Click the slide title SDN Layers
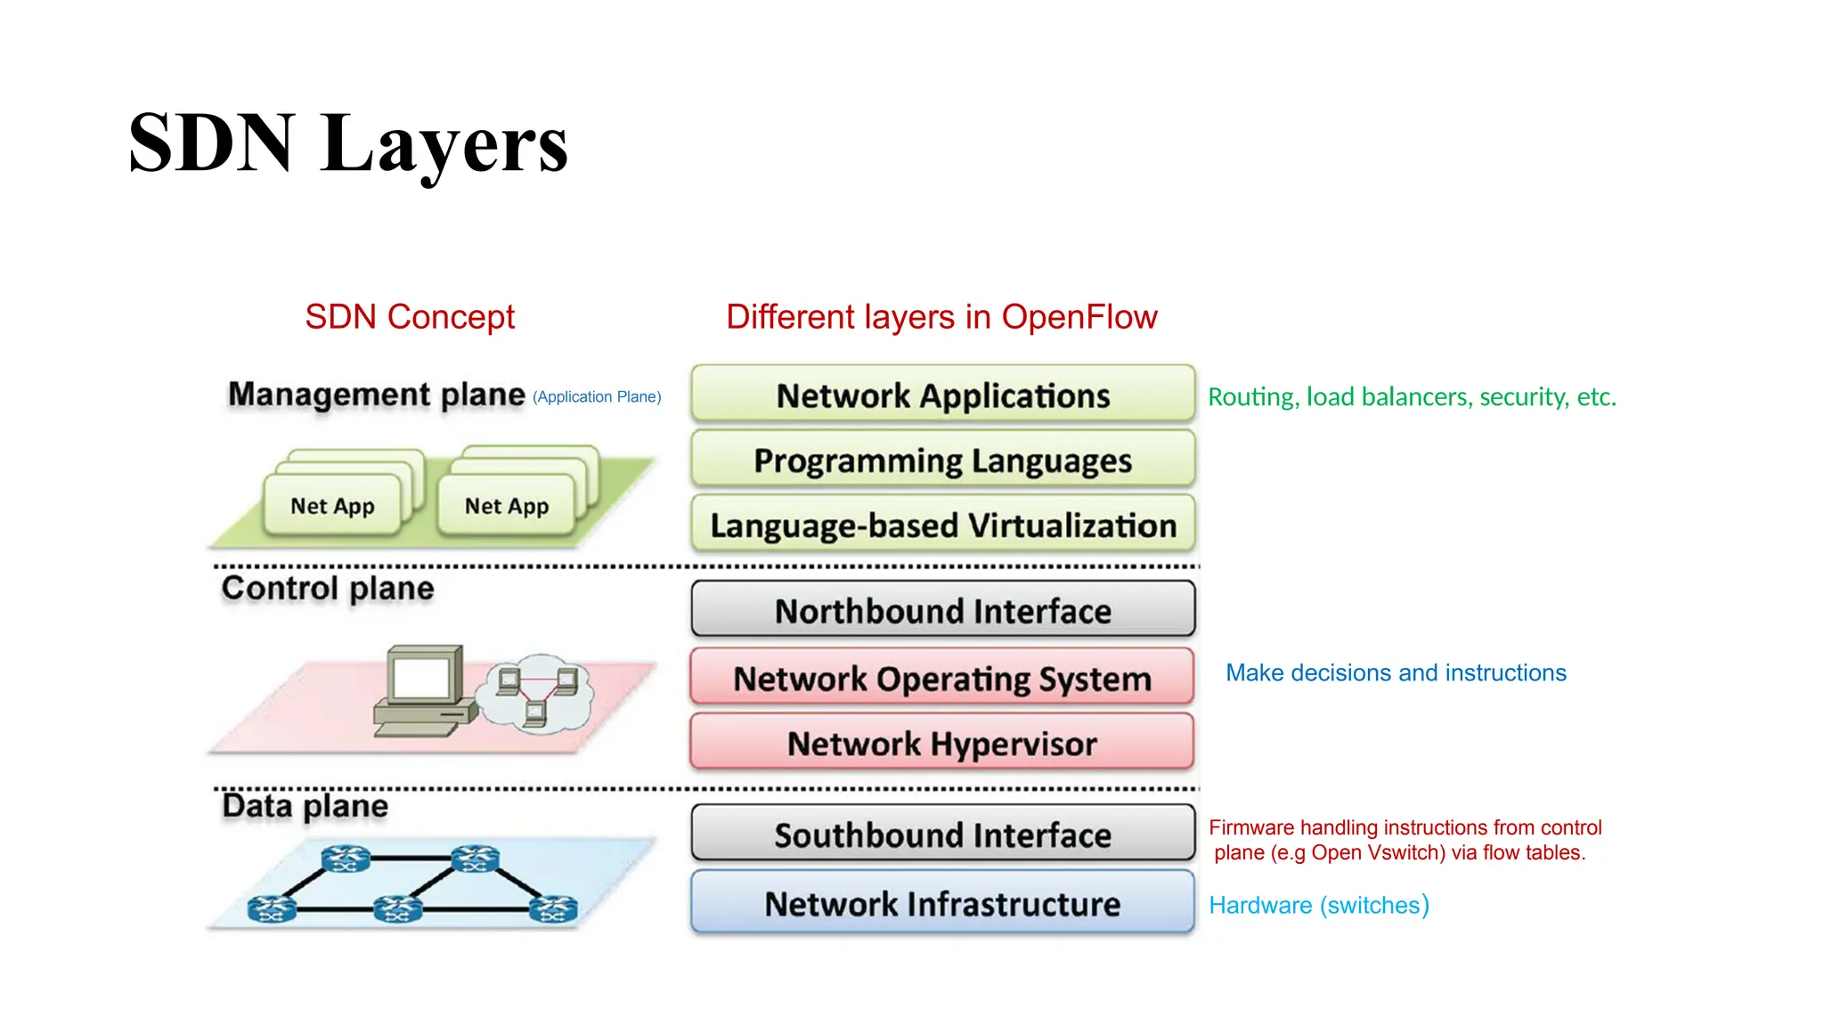[x=347, y=144]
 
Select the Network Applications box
[x=942, y=395]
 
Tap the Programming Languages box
[x=942, y=460]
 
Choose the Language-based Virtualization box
[x=942, y=525]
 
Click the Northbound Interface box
[x=942, y=610]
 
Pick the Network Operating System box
[x=942, y=678]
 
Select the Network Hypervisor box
[x=942, y=743]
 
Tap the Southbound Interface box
[x=942, y=834]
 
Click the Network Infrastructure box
[x=942, y=903]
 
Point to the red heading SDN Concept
[x=410, y=317]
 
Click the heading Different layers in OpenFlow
[x=941, y=317]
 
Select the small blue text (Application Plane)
[x=597, y=397]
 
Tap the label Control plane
[x=328, y=588]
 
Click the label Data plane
[x=305, y=806]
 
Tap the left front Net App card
[x=332, y=506]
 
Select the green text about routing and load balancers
[x=1412, y=397]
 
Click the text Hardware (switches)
[x=1319, y=905]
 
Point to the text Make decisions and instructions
[x=1396, y=673]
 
